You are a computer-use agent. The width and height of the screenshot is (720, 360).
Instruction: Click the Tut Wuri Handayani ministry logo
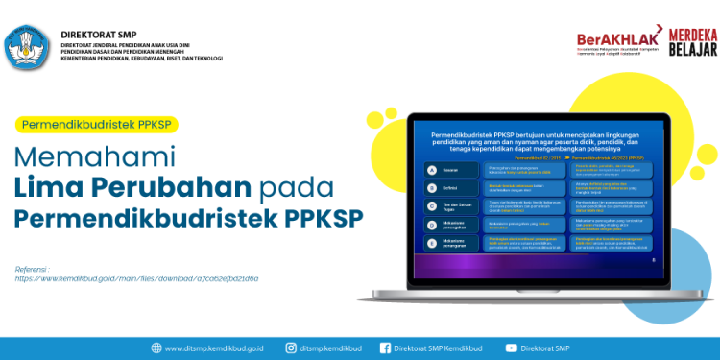click(28, 45)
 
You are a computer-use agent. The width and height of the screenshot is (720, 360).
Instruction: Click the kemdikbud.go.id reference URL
click(136, 278)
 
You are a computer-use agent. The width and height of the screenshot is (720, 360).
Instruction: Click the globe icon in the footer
click(156, 348)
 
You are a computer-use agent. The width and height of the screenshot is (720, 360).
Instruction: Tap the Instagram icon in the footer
click(292, 348)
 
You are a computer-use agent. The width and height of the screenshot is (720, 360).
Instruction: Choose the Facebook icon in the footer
click(386, 348)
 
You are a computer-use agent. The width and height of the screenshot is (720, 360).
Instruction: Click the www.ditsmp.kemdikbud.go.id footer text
click(214, 348)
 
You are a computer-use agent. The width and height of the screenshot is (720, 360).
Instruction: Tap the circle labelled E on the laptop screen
click(433, 224)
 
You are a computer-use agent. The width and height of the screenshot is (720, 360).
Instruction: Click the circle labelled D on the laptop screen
click(433, 205)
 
